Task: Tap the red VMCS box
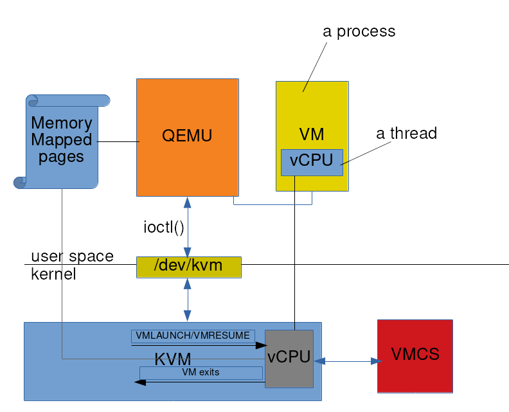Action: point(415,355)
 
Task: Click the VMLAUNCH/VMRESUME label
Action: point(193,336)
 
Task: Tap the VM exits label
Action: point(201,372)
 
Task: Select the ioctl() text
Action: point(163,228)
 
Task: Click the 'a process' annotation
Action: point(359,31)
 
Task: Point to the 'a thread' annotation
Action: point(406,134)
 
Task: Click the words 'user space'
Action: point(72,256)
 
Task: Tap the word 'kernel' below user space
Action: point(53,274)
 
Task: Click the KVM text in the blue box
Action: point(173,359)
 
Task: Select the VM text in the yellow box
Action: point(312,134)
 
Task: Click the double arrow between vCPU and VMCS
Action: point(348,362)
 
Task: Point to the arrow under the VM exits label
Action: point(199,382)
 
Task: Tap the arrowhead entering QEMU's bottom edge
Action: point(187,202)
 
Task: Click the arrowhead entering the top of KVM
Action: point(187,316)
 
